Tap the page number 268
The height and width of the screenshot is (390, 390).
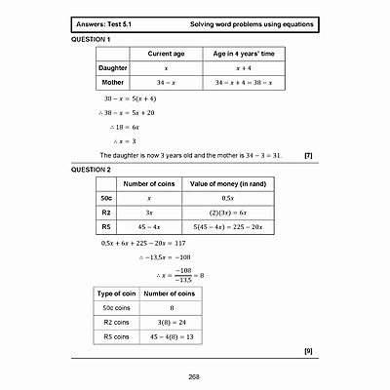[194, 376]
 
